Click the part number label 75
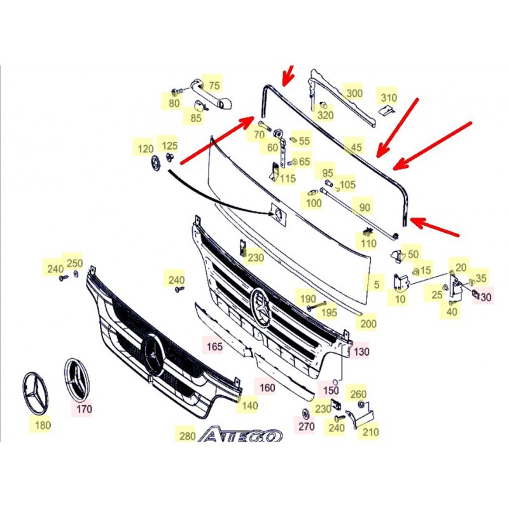click(214, 86)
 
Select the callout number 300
click(354, 94)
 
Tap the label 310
click(389, 98)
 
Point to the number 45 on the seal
click(356, 147)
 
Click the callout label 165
click(214, 346)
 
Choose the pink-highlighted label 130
click(361, 352)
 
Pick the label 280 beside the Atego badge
click(187, 436)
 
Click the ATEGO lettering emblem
click(241, 435)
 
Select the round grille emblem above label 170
click(78, 380)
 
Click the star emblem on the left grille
click(153, 354)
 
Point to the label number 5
click(376, 284)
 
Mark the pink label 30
click(485, 296)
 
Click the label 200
click(368, 324)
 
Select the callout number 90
click(365, 207)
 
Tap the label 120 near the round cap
click(146, 149)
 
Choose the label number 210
click(371, 432)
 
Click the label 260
click(358, 394)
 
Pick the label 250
click(74, 263)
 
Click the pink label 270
click(307, 426)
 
